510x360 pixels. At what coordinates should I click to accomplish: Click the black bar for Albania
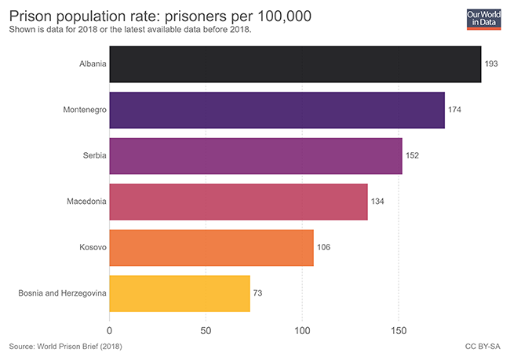295,64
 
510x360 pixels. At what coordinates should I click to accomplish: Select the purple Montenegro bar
277,110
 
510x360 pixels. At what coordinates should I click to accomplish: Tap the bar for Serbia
256,155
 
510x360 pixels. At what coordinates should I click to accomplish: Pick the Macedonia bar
239,202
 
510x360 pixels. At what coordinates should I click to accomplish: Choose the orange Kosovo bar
212,248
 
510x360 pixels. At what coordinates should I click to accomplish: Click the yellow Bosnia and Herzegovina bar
180,293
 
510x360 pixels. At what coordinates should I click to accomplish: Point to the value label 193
492,64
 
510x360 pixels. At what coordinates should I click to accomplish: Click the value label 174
454,110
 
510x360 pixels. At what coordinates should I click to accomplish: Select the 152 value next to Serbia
412,155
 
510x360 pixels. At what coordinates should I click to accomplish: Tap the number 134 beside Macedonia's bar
377,202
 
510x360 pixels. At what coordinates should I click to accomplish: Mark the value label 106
323,248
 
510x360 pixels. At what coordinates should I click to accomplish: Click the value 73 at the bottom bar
258,293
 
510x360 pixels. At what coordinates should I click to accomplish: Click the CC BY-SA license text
483,346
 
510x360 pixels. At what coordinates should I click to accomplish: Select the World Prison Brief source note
66,346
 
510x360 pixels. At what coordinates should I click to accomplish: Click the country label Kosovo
93,248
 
